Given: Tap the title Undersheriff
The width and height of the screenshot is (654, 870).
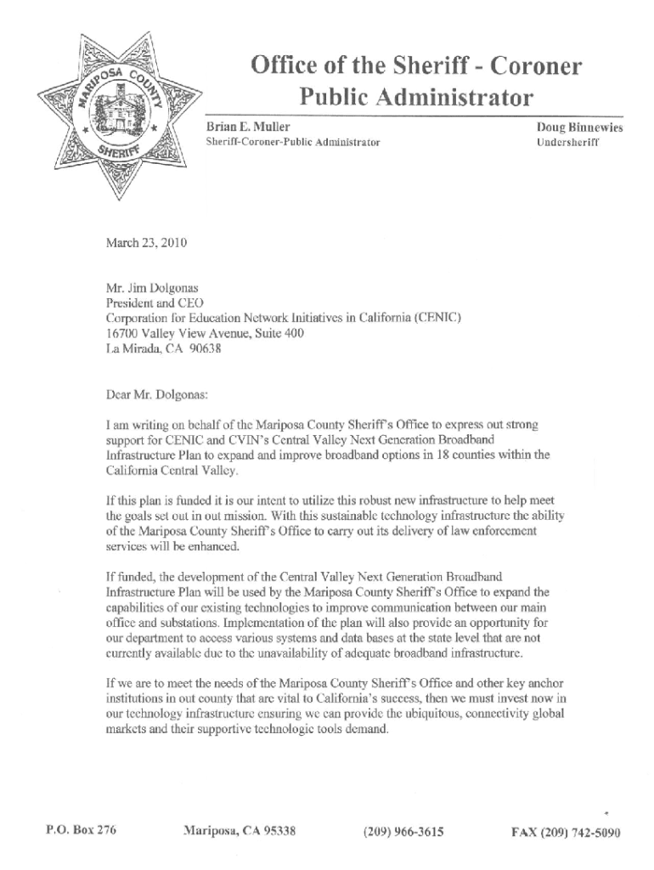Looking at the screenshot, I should [567, 143].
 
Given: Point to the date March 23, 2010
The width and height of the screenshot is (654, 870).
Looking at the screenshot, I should [145, 244].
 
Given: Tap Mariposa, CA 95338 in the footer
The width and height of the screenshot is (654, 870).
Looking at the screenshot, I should [240, 831].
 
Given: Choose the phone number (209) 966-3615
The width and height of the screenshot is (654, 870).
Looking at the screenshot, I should [402, 832].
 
